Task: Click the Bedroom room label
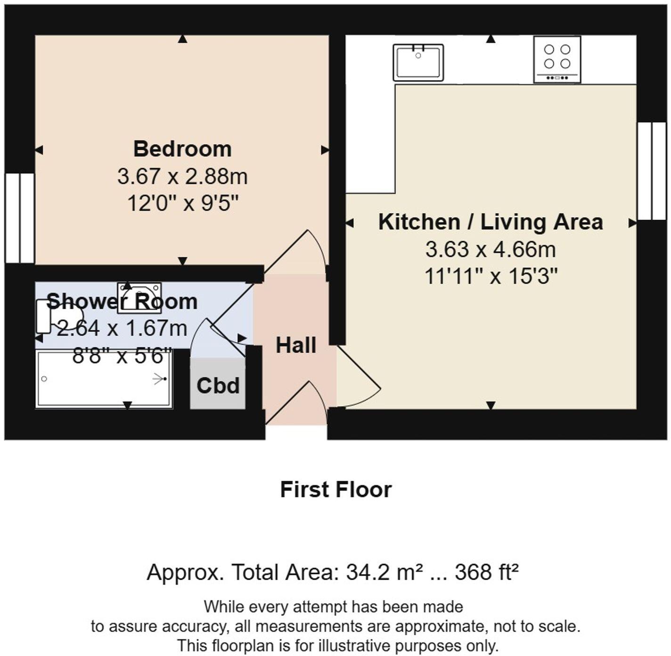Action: coord(182,149)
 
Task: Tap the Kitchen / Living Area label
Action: coord(490,222)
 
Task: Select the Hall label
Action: coord(295,345)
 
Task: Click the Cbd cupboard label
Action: coord(218,386)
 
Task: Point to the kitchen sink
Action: coord(418,62)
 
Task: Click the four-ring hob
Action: coord(557,59)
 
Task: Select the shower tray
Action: coord(104,378)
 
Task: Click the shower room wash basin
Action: coord(139,297)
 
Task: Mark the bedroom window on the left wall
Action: coord(19,218)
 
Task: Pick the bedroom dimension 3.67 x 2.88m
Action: coord(182,177)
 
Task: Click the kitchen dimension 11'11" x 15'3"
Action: coord(491,276)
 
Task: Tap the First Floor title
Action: coord(335,490)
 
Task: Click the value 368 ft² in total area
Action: coord(486,573)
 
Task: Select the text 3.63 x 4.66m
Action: coord(491,249)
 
